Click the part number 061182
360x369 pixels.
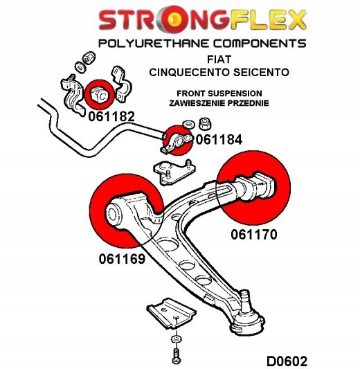pyautogui.click(x=111, y=117)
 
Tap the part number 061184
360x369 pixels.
pyautogui.click(x=219, y=140)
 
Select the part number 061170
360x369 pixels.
pyautogui.click(x=253, y=235)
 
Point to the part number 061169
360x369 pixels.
pyautogui.click(x=116, y=260)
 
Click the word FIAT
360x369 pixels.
pyautogui.click(x=223, y=60)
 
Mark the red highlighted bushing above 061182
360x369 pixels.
pyautogui.click(x=97, y=92)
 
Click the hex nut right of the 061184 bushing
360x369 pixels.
pyautogui.click(x=206, y=124)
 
